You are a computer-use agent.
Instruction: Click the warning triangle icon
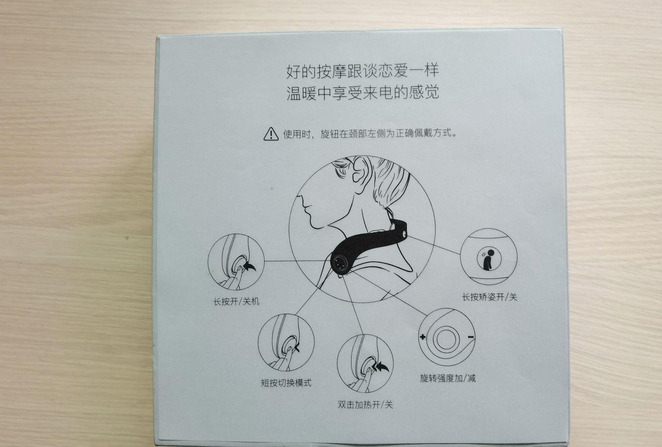coord(271,134)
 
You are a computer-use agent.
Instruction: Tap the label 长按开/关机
coord(236,302)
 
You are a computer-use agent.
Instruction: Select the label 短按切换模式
coord(286,383)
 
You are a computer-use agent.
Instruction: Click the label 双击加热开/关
coord(365,405)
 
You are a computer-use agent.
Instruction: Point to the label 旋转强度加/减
coord(448,378)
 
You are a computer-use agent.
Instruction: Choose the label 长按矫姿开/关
coord(490,297)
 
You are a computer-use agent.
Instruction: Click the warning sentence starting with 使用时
coord(370,134)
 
